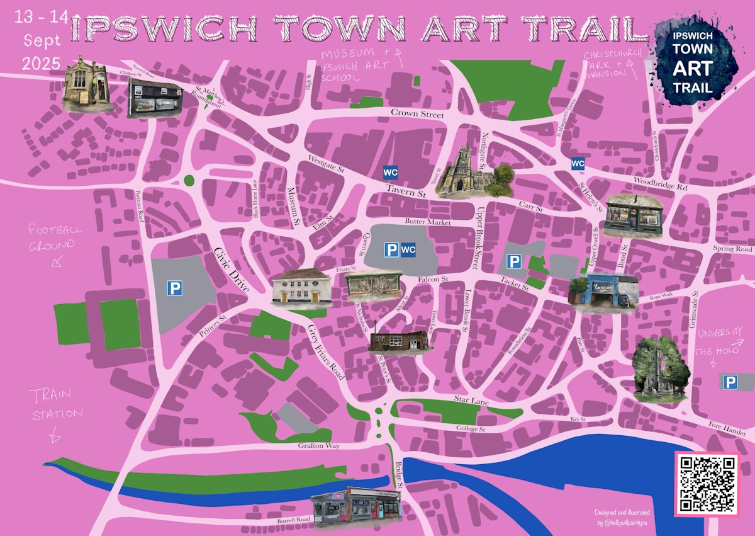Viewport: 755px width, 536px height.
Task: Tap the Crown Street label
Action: coord(417,114)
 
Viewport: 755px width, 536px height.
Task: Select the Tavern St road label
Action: coord(406,193)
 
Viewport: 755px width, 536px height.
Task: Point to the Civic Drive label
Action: coord(230,268)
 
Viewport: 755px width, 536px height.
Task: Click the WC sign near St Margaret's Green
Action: coord(578,164)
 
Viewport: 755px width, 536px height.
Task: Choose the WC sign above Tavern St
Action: coord(390,171)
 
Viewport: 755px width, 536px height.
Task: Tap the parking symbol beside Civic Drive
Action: coord(174,288)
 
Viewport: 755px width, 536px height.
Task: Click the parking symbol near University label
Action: coord(730,382)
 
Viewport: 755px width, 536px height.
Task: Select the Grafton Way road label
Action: coord(319,446)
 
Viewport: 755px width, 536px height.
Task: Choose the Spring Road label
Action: coord(732,249)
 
